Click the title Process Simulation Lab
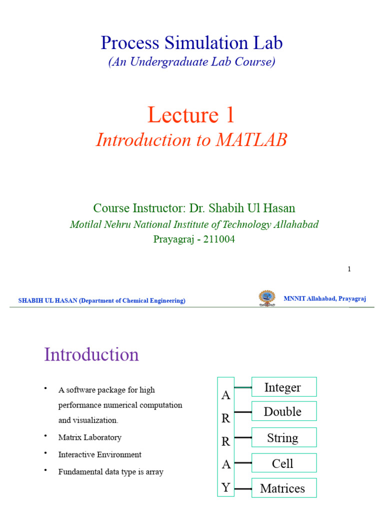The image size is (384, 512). pyautogui.click(x=191, y=43)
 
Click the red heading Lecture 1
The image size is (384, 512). pyautogui.click(x=191, y=115)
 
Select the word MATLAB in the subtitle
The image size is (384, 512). pyautogui.click(x=251, y=140)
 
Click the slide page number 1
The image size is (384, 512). pyautogui.click(x=349, y=269)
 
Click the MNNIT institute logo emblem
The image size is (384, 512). pyautogui.click(x=266, y=298)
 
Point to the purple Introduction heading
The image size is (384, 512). pyautogui.click(x=91, y=354)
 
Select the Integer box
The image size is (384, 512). pyautogui.click(x=283, y=387)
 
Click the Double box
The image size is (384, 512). pyautogui.click(x=283, y=411)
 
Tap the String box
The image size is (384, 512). pyautogui.click(x=283, y=438)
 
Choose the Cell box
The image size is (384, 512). pyautogui.click(x=283, y=463)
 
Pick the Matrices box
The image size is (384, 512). pyautogui.click(x=283, y=488)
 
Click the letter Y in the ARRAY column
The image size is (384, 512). pyautogui.click(x=226, y=487)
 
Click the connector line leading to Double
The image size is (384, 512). pyautogui.click(x=243, y=412)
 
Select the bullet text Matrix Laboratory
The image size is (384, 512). pyautogui.click(x=90, y=437)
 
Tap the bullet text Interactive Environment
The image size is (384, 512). pyautogui.click(x=100, y=454)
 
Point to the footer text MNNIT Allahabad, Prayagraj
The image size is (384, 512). pyautogui.click(x=325, y=298)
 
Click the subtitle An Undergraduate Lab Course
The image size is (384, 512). pyautogui.click(x=191, y=62)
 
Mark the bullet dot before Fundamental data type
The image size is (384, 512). pyautogui.click(x=45, y=470)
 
